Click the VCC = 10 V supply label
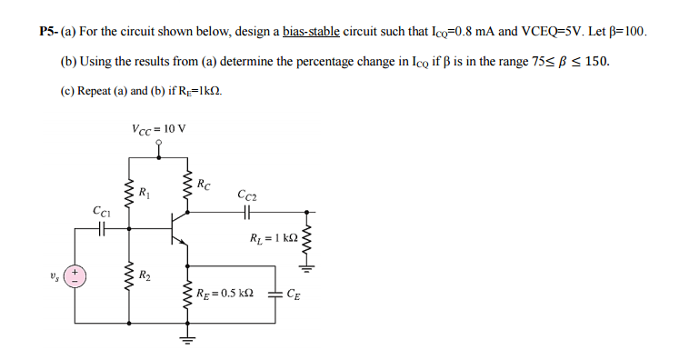click(159, 126)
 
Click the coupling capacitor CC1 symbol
click(102, 230)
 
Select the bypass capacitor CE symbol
click(275, 293)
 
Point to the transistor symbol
click(180, 228)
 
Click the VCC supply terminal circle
click(159, 142)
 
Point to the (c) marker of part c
click(68, 92)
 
